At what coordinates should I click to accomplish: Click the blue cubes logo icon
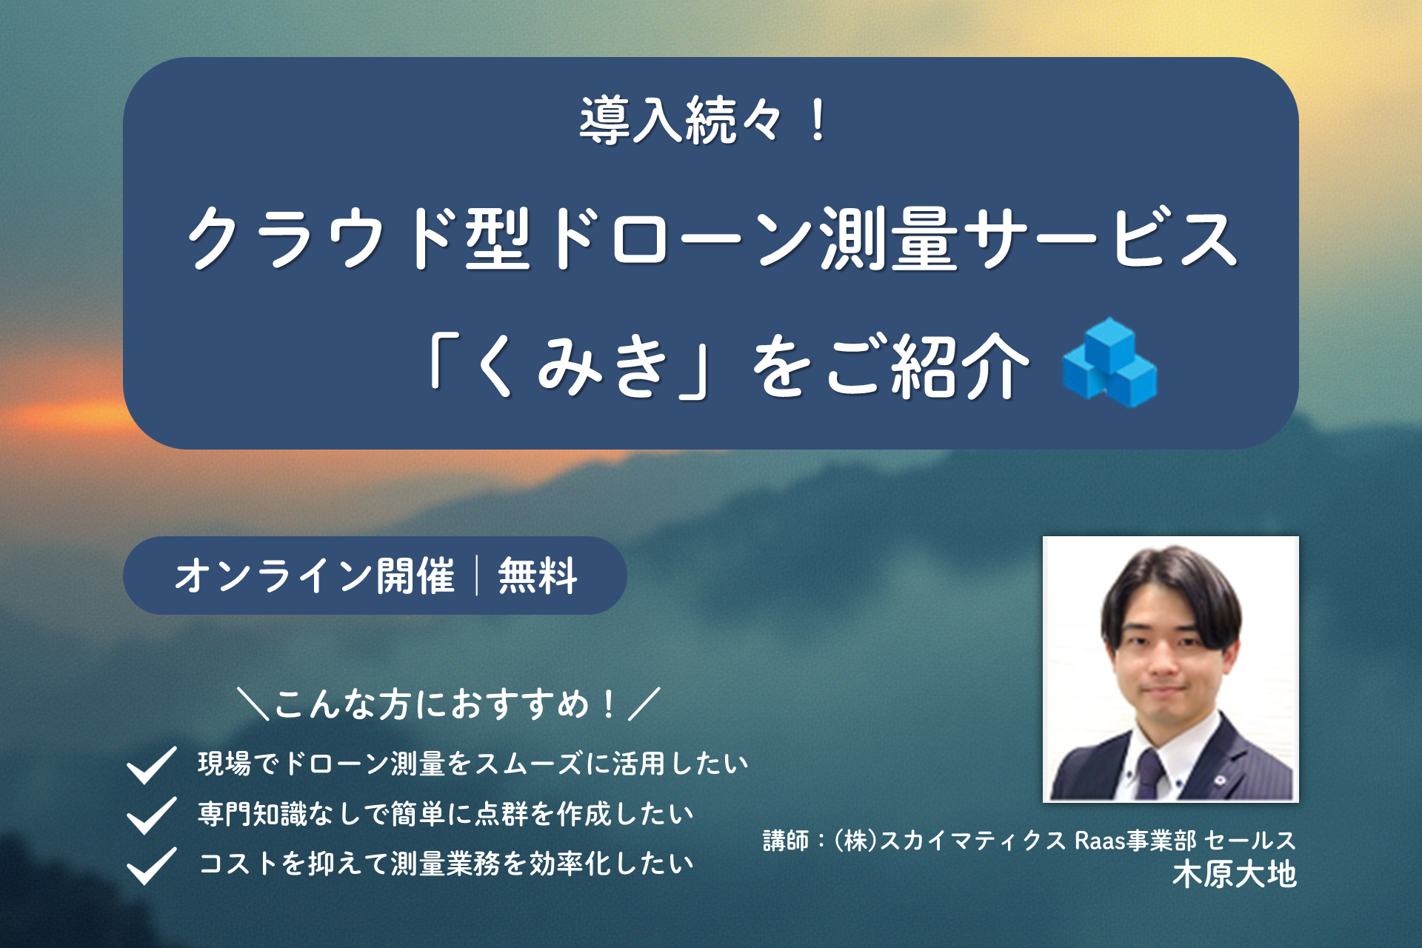click(x=1109, y=363)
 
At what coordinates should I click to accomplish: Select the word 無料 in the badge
click(x=538, y=576)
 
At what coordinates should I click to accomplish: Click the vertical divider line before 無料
click(x=477, y=576)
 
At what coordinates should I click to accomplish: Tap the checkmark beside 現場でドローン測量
click(x=151, y=764)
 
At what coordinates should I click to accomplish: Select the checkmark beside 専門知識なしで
click(x=151, y=815)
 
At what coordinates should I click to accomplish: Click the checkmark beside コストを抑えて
click(x=151, y=865)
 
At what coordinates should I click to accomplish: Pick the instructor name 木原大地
click(x=1234, y=874)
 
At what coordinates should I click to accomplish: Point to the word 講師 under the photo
click(x=785, y=841)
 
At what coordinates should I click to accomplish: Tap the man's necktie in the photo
click(x=1149, y=774)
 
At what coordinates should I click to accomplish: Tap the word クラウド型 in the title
click(x=359, y=238)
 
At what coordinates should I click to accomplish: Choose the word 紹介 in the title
click(x=960, y=366)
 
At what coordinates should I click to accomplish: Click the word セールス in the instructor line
click(x=1250, y=841)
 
